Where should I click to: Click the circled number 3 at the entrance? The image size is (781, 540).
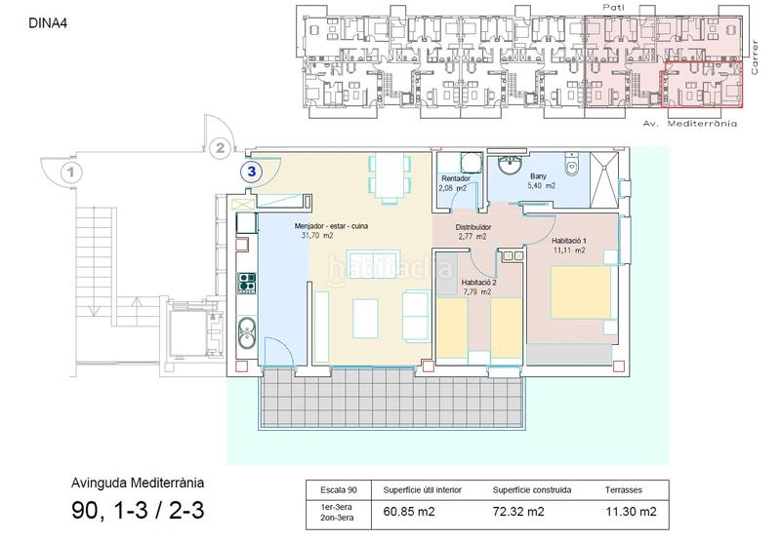pos(252,172)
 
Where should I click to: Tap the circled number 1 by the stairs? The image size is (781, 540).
pos(70,173)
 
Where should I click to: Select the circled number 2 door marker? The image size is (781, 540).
pos(220,148)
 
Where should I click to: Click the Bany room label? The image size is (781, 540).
pos(539,176)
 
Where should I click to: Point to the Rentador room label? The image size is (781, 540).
pos(456,178)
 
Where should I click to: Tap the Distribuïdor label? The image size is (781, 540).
pos(473,227)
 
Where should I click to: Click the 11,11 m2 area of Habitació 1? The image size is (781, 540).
pos(569,251)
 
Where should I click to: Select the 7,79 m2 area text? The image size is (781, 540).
pos(477,291)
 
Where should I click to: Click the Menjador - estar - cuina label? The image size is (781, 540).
pos(331,226)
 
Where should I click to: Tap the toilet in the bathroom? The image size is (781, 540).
pos(572,165)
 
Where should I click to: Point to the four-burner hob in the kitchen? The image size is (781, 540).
pos(247,283)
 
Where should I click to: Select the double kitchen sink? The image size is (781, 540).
pos(247,332)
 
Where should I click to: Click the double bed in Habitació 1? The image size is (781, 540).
pos(581,292)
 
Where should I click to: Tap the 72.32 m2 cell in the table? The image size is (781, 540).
pos(518,511)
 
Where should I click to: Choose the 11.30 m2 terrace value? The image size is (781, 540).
pos(631,511)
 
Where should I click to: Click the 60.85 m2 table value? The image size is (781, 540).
pos(409,511)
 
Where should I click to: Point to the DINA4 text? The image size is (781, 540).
pos(48,23)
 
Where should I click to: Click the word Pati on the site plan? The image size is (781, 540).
pos(613,7)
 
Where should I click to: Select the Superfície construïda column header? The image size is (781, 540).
pos(532,489)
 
